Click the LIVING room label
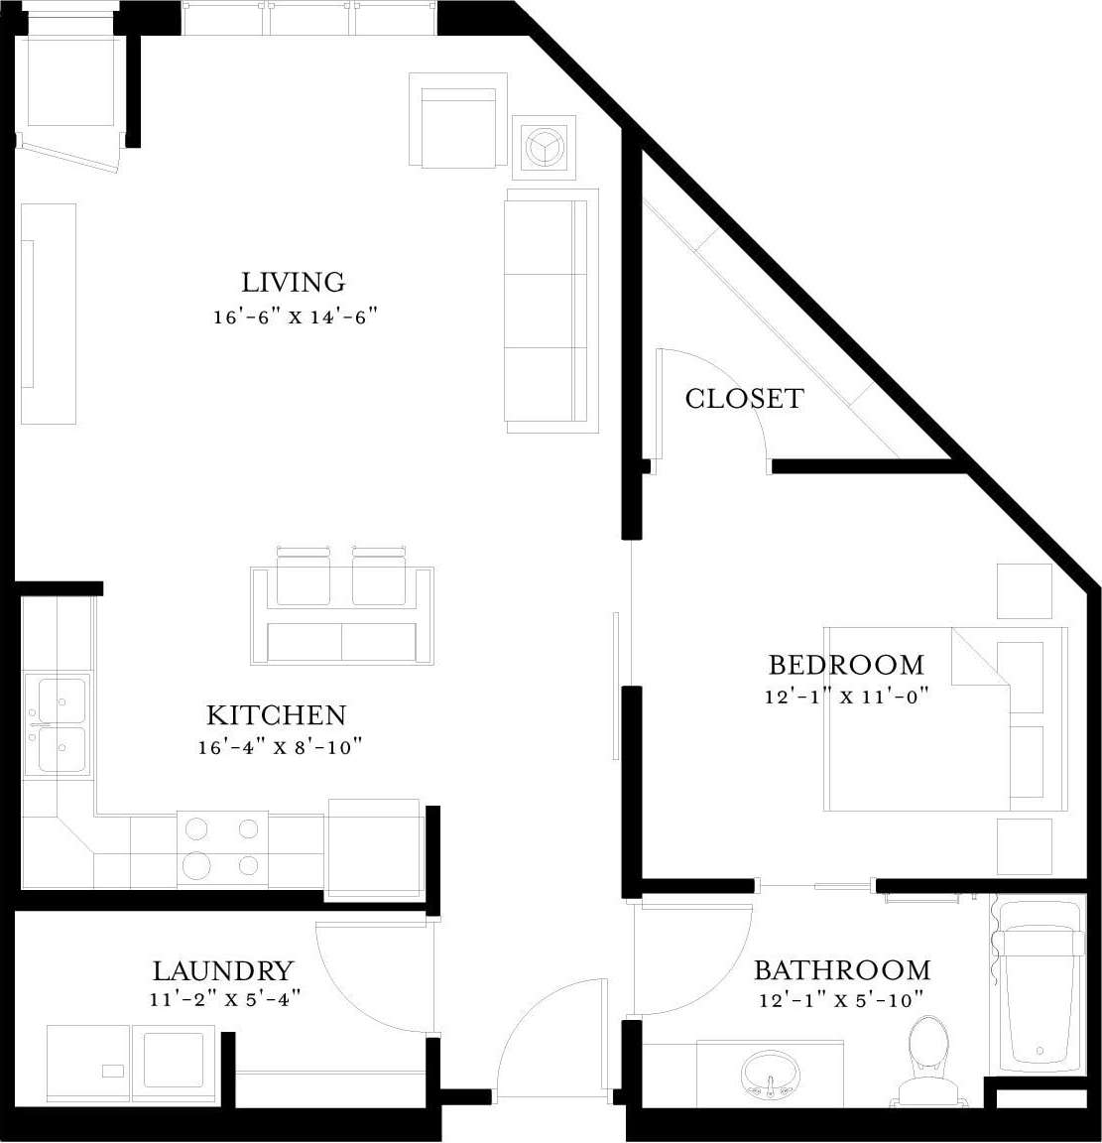pos(294,282)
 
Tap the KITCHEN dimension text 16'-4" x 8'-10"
pos(275,747)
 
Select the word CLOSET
pos(744,399)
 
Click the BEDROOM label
pos(846,664)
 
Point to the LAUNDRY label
pos(223,969)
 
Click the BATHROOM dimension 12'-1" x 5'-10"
pos(841,1000)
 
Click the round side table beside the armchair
pos(544,147)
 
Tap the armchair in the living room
pos(456,123)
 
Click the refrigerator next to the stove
pos(373,848)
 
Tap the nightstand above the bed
pos(1024,591)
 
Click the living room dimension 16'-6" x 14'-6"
pos(296,317)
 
